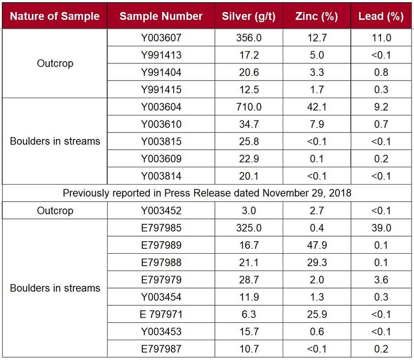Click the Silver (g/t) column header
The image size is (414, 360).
tap(248, 17)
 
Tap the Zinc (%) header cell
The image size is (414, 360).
tap(317, 17)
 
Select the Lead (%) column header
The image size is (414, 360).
tap(381, 17)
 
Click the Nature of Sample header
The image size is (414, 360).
tap(55, 17)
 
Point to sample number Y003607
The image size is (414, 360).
tap(161, 38)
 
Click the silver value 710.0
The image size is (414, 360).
tap(249, 107)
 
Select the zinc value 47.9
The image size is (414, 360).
tap(317, 245)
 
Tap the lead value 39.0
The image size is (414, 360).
tap(381, 228)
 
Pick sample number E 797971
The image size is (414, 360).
tap(161, 314)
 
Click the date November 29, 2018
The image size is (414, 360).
tap(307, 193)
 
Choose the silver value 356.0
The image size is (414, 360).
tap(249, 38)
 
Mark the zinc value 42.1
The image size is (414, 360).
tap(317, 107)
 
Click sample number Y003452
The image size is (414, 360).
tap(161, 211)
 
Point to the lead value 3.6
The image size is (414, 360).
tap(381, 280)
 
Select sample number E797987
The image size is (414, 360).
tap(161, 349)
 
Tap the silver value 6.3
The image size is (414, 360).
tap(249, 314)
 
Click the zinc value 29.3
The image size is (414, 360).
tap(317, 263)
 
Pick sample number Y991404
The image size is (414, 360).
tap(161, 73)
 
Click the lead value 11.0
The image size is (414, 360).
tap(381, 38)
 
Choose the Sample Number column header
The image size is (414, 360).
tap(161, 17)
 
